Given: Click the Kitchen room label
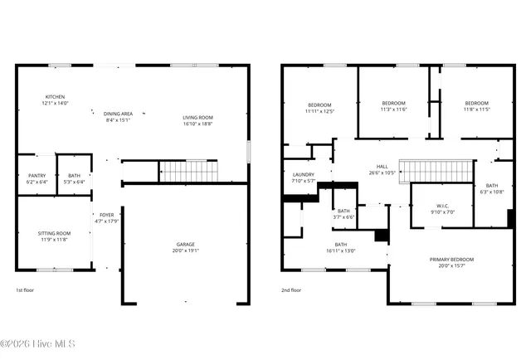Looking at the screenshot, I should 55,97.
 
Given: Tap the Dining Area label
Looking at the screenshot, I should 118,114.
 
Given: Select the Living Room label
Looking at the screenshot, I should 197,118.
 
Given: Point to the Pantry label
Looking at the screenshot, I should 37,175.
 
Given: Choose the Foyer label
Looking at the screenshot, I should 106,215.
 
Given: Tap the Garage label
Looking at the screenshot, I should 185,244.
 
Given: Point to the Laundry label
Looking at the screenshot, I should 304,174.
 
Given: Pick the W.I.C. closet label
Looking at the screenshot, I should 442,206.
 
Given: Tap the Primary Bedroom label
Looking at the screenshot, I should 451,260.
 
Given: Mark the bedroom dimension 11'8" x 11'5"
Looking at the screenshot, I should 476,109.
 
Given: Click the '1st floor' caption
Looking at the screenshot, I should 26,290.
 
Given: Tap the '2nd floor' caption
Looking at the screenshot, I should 290,290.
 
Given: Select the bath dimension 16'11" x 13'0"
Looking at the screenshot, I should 341,250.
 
